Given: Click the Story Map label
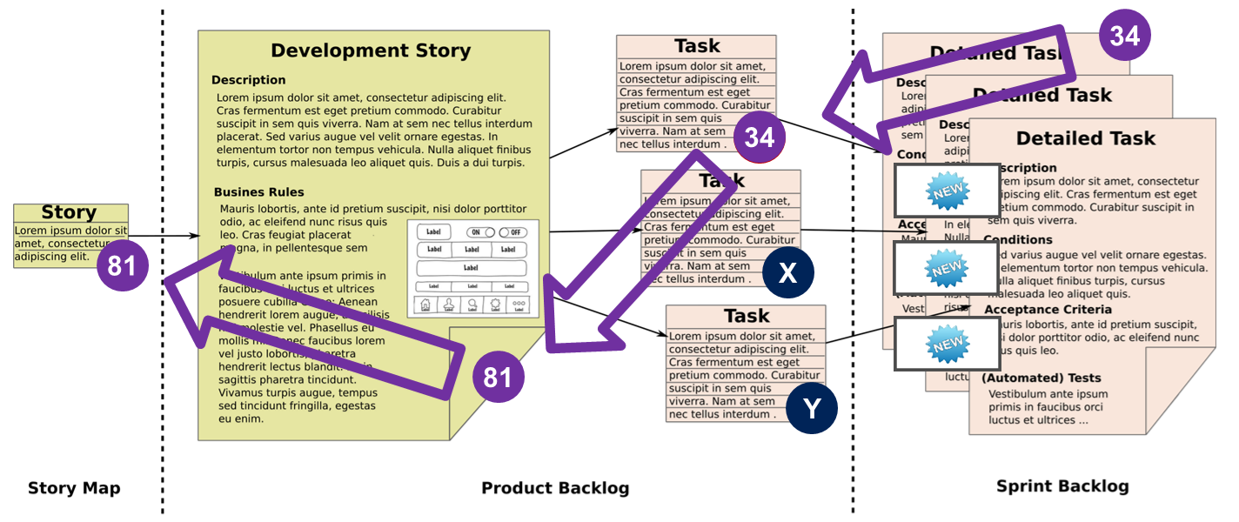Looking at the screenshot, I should (x=74, y=488).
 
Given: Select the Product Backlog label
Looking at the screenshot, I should (x=555, y=488).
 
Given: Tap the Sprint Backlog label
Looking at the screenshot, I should (x=1062, y=486).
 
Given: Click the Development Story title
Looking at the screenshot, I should (x=371, y=50).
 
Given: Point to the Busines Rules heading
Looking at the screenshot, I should (x=259, y=192).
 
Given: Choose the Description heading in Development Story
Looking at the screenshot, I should (x=248, y=80).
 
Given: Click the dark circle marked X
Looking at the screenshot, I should (x=787, y=273).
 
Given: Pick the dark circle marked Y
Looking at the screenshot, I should (x=812, y=408).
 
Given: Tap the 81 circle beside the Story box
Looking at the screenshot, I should (x=122, y=265).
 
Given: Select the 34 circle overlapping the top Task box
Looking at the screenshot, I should (x=760, y=137).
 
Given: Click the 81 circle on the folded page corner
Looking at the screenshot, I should (x=498, y=377).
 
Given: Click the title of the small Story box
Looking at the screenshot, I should (x=70, y=213).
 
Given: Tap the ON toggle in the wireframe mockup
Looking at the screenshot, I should (x=480, y=232).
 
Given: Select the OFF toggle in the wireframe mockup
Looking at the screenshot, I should (x=513, y=232).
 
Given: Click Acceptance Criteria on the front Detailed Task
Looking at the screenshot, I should (x=1048, y=310).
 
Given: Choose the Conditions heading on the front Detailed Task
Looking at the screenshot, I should (x=1018, y=240).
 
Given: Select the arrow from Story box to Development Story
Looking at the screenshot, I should (x=165, y=236).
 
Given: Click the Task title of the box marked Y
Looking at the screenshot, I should (x=747, y=316).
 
